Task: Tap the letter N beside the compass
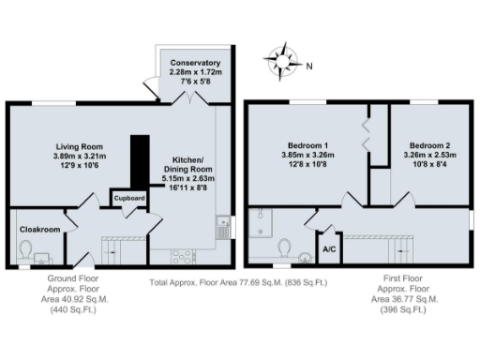click(x=310, y=65)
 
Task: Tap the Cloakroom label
click(x=39, y=228)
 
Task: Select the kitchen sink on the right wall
click(x=222, y=227)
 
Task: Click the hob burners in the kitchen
click(x=179, y=256)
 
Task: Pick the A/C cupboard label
click(x=329, y=249)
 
